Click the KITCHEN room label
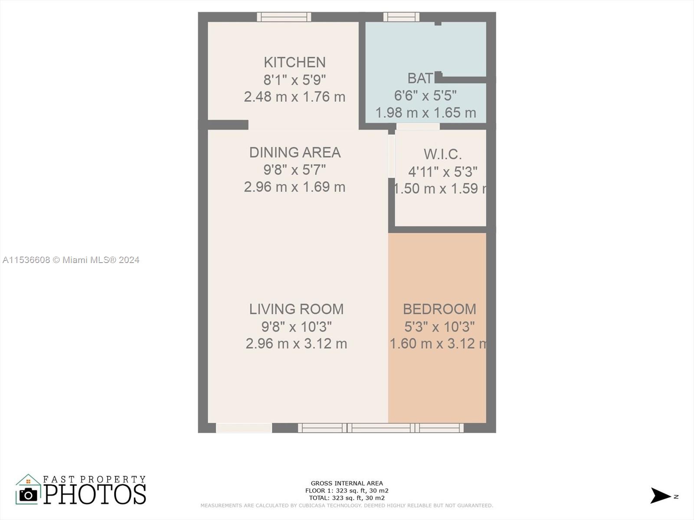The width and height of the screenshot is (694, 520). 295,62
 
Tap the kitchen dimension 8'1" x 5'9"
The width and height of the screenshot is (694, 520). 295,80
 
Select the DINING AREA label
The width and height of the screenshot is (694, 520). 295,153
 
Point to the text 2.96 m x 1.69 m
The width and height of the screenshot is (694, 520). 295,187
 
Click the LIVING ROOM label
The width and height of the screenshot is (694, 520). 296,309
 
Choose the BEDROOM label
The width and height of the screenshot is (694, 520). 439,309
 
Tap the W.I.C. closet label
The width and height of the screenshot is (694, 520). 442,154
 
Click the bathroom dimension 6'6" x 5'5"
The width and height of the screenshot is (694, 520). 425,95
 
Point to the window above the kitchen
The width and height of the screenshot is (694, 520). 284,17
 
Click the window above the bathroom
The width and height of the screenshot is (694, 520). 401,17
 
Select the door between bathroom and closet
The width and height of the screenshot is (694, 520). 418,126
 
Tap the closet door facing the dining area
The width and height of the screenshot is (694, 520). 391,156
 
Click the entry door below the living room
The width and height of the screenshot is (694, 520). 244,428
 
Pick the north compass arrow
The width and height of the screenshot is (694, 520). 661,496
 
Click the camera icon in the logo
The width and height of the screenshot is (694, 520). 28,494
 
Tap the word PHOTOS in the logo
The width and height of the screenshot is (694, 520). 95,494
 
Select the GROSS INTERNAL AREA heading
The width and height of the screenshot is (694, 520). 347,483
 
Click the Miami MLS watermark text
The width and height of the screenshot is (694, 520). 71,260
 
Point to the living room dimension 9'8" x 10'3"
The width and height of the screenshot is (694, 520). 296,326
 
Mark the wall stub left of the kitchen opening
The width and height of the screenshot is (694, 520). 228,125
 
